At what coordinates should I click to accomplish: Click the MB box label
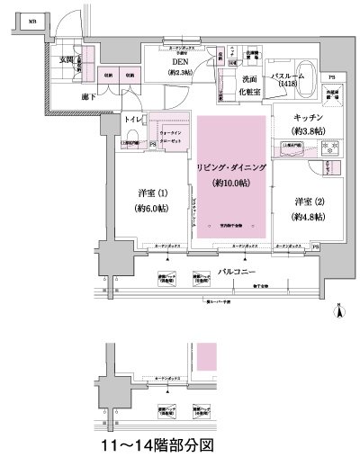[31, 19]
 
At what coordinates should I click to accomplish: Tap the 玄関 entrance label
[67, 59]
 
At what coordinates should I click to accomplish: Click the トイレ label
[132, 119]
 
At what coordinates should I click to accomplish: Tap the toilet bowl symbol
[131, 139]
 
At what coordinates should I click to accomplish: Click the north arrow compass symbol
[340, 311]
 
